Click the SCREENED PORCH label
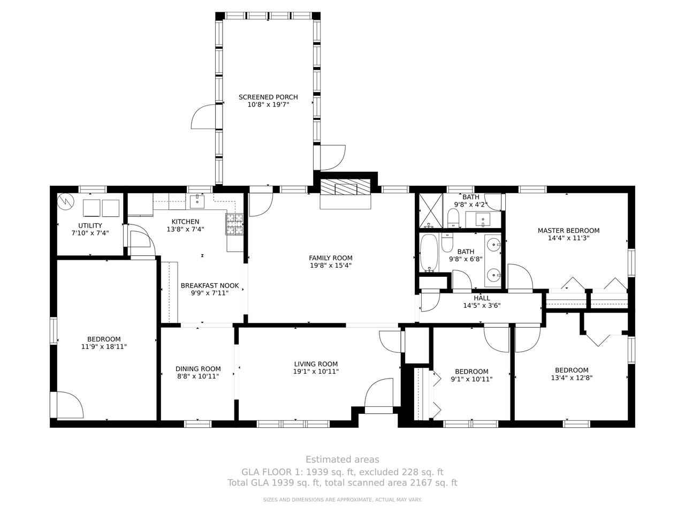[268, 97]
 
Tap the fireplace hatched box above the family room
[346, 187]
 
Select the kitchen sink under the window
[197, 201]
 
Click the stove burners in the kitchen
[234, 224]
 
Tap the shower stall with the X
[431, 210]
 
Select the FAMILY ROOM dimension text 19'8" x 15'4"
[331, 266]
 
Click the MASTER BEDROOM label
[568, 231]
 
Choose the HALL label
[482, 298]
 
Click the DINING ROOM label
[198, 369]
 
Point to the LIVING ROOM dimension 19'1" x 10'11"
[316, 372]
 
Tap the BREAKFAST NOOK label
[210, 285]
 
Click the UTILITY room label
[90, 225]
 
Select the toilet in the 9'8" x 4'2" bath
[453, 218]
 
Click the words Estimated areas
[342, 459]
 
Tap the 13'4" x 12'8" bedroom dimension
[572, 377]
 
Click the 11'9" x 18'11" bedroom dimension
[104, 346]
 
